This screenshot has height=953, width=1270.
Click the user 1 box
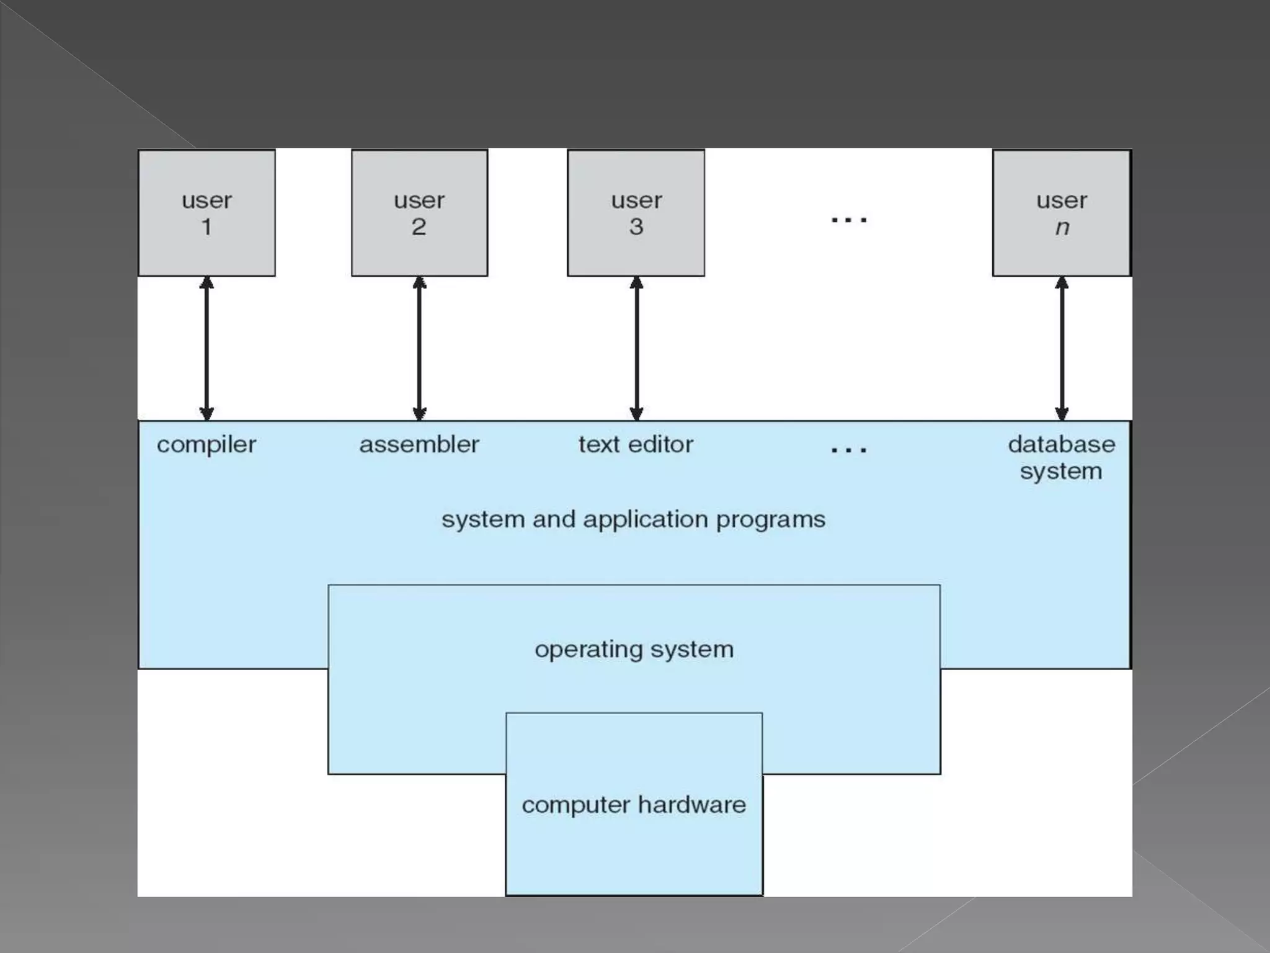click(206, 213)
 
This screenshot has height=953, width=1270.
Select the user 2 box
click(419, 213)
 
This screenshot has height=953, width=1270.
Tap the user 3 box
click(636, 213)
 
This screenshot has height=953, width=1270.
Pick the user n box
click(1061, 213)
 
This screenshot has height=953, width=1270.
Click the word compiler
click(206, 445)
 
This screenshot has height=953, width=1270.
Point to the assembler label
click(419, 445)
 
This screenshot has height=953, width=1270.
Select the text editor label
click(636, 445)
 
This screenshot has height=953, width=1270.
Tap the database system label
click(1061, 458)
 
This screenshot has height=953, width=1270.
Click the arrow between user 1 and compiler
click(206, 349)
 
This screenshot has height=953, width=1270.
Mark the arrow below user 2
click(419, 349)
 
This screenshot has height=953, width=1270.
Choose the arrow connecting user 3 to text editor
click(636, 349)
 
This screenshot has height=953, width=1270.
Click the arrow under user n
click(1062, 349)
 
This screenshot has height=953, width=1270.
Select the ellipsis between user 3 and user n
click(849, 220)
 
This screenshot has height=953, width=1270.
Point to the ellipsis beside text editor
click(849, 449)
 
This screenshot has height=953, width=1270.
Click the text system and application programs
click(633, 520)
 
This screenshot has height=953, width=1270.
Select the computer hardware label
click(634, 805)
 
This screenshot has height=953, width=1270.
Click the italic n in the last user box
click(1062, 228)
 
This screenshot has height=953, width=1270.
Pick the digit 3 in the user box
click(636, 227)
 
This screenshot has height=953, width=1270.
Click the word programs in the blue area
click(770, 520)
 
